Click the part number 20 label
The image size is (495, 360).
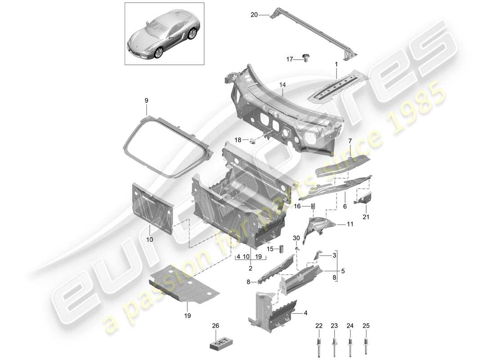(x=254, y=15)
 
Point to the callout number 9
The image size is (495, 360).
(x=146, y=101)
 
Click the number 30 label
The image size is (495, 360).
(x=296, y=238)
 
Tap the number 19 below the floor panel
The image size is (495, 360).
(x=187, y=316)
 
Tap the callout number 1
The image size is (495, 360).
(x=335, y=65)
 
